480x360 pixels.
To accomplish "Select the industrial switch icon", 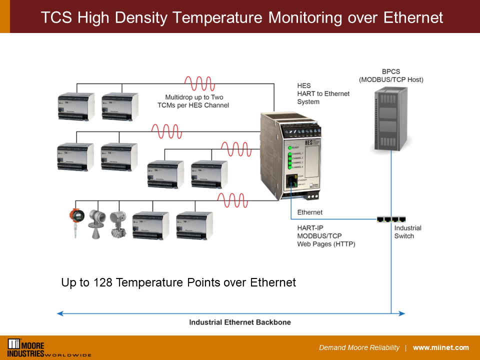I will [391, 219].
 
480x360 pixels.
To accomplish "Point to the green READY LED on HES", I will [289, 148].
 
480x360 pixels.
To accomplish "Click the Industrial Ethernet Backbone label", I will [240, 322].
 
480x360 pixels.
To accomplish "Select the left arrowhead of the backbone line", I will [60, 313].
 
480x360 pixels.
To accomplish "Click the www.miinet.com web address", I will [440, 347].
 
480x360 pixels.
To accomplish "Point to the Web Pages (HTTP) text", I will [326, 244].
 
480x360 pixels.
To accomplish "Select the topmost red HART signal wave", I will [199, 83].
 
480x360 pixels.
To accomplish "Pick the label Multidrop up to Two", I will [194, 97].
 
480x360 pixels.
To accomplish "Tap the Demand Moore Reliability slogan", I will [359, 347].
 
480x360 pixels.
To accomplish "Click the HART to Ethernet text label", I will [323, 93].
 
